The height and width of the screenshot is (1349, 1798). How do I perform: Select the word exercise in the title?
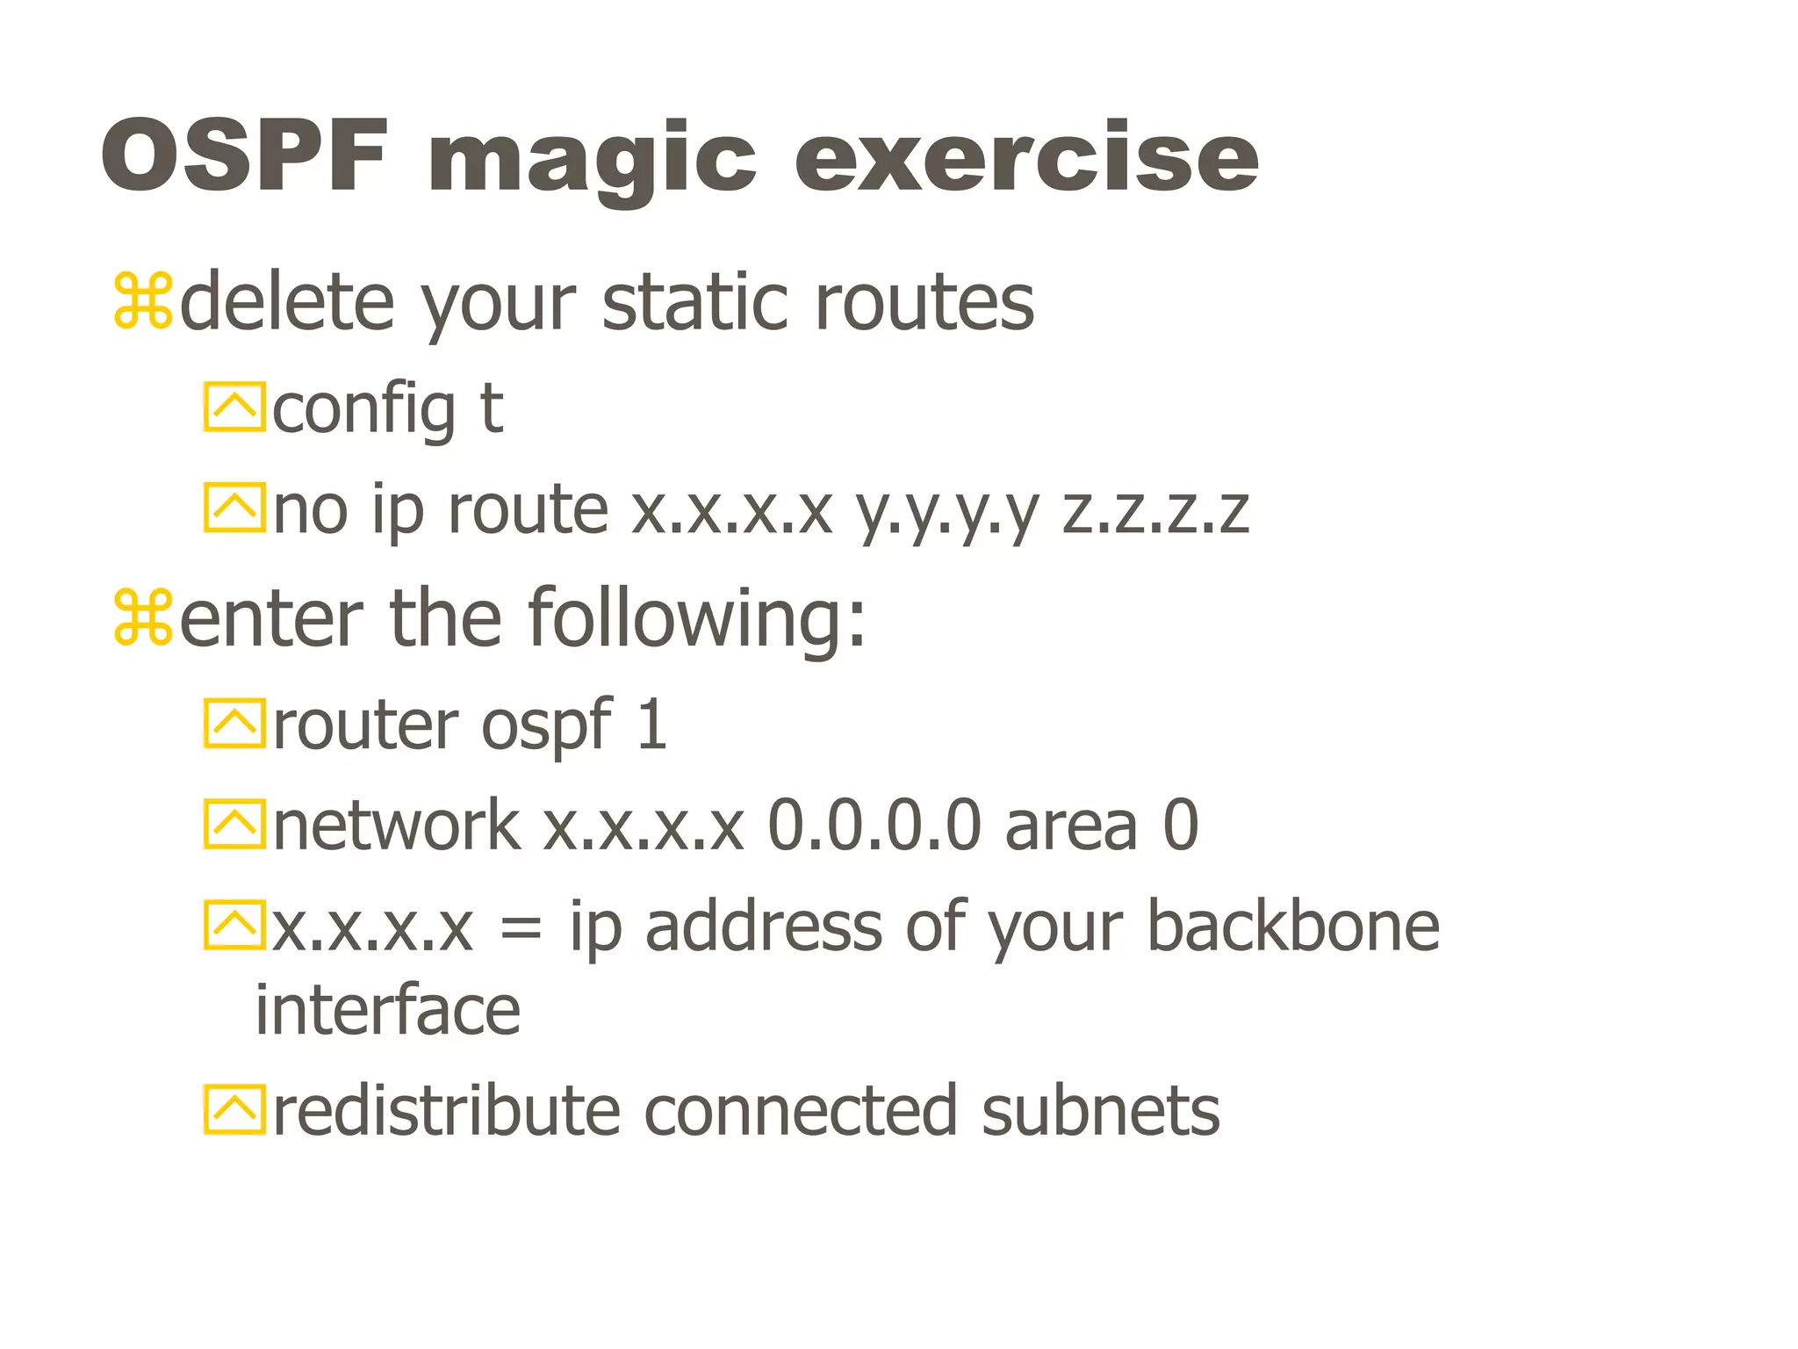coord(1026,158)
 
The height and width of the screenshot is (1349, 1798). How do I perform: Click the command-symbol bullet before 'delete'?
coord(143,302)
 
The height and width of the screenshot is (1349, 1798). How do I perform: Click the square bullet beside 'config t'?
coord(234,407)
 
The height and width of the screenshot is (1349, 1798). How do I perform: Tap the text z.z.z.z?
coord(1155,511)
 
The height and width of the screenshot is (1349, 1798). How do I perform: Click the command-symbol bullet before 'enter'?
coord(143,618)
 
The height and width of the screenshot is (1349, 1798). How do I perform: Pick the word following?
coord(698,618)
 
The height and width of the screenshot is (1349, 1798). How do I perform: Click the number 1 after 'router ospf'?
coord(651,725)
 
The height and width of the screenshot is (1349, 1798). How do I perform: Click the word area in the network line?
coord(1071,827)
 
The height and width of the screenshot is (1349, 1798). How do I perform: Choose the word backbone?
coord(1293,926)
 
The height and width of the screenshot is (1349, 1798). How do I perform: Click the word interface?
coord(388,1010)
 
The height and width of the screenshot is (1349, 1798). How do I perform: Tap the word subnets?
coord(1100,1111)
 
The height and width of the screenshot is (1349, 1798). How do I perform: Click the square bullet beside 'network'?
coord(234,824)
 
